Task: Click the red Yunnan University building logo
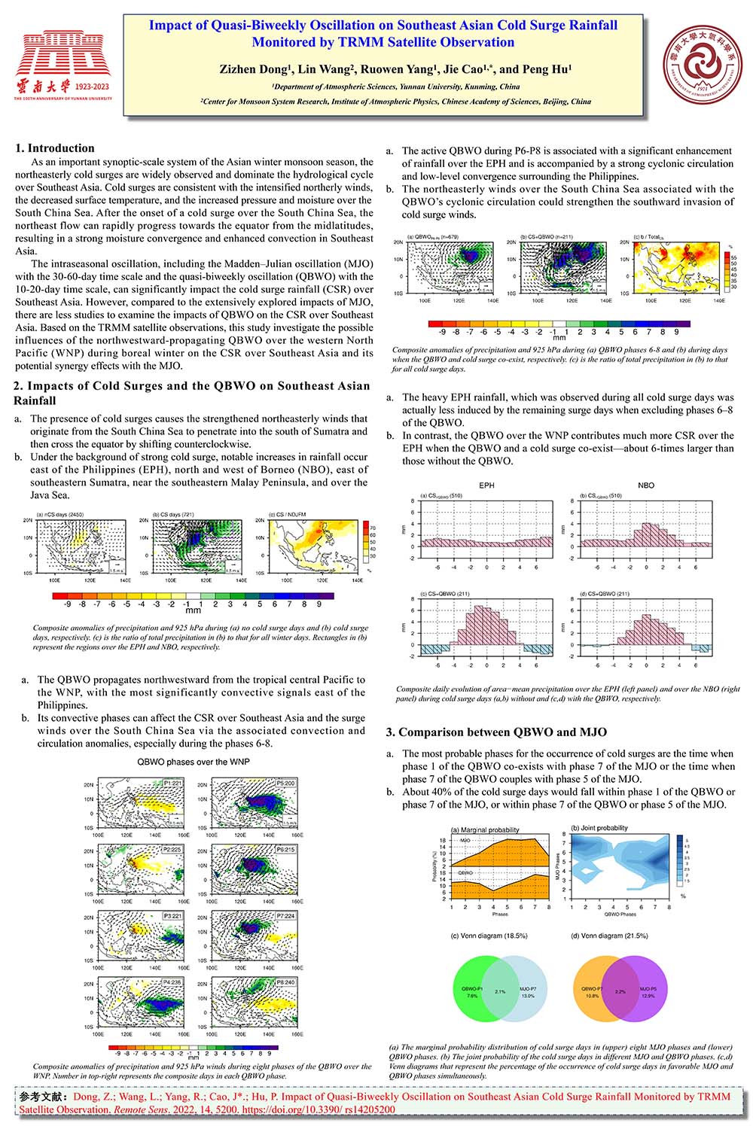(62, 57)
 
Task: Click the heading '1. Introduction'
(55, 148)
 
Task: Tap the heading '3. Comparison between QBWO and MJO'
(496, 732)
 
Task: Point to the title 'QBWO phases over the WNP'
(194, 762)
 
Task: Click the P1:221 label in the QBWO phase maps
(172, 784)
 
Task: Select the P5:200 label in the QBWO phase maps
(285, 784)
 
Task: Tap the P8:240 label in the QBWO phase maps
(285, 983)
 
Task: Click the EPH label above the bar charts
(486, 485)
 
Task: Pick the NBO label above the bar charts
(646, 485)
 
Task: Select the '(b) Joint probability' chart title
(599, 828)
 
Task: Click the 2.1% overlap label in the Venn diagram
(500, 992)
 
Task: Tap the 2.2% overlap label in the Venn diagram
(620, 992)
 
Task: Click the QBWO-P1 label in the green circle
(473, 987)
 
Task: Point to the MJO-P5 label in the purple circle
(648, 987)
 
